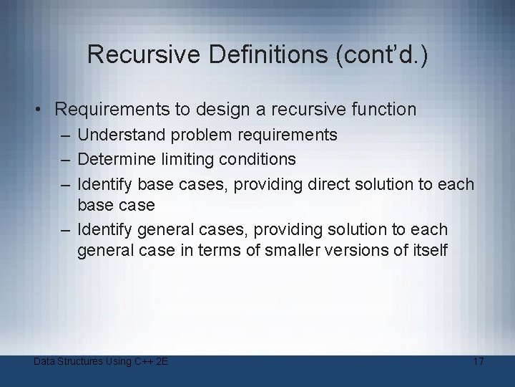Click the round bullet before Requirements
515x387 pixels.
41,110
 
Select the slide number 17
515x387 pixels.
479,361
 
